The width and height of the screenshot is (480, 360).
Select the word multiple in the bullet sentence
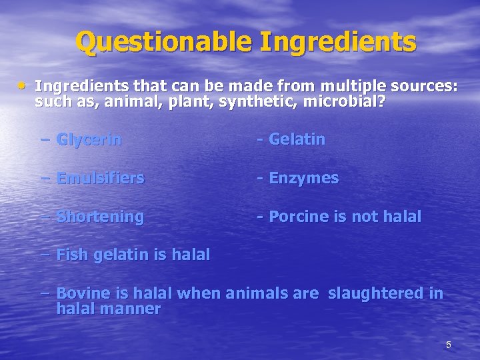click(345, 87)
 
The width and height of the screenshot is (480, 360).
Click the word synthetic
click(258, 102)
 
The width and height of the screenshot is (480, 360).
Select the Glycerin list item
click(89, 140)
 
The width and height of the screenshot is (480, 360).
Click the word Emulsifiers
click(101, 179)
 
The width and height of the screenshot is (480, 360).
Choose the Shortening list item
click(101, 217)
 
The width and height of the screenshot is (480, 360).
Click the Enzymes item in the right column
click(303, 179)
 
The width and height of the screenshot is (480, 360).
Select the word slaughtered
click(377, 293)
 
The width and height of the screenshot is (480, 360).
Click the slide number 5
click(449, 345)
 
